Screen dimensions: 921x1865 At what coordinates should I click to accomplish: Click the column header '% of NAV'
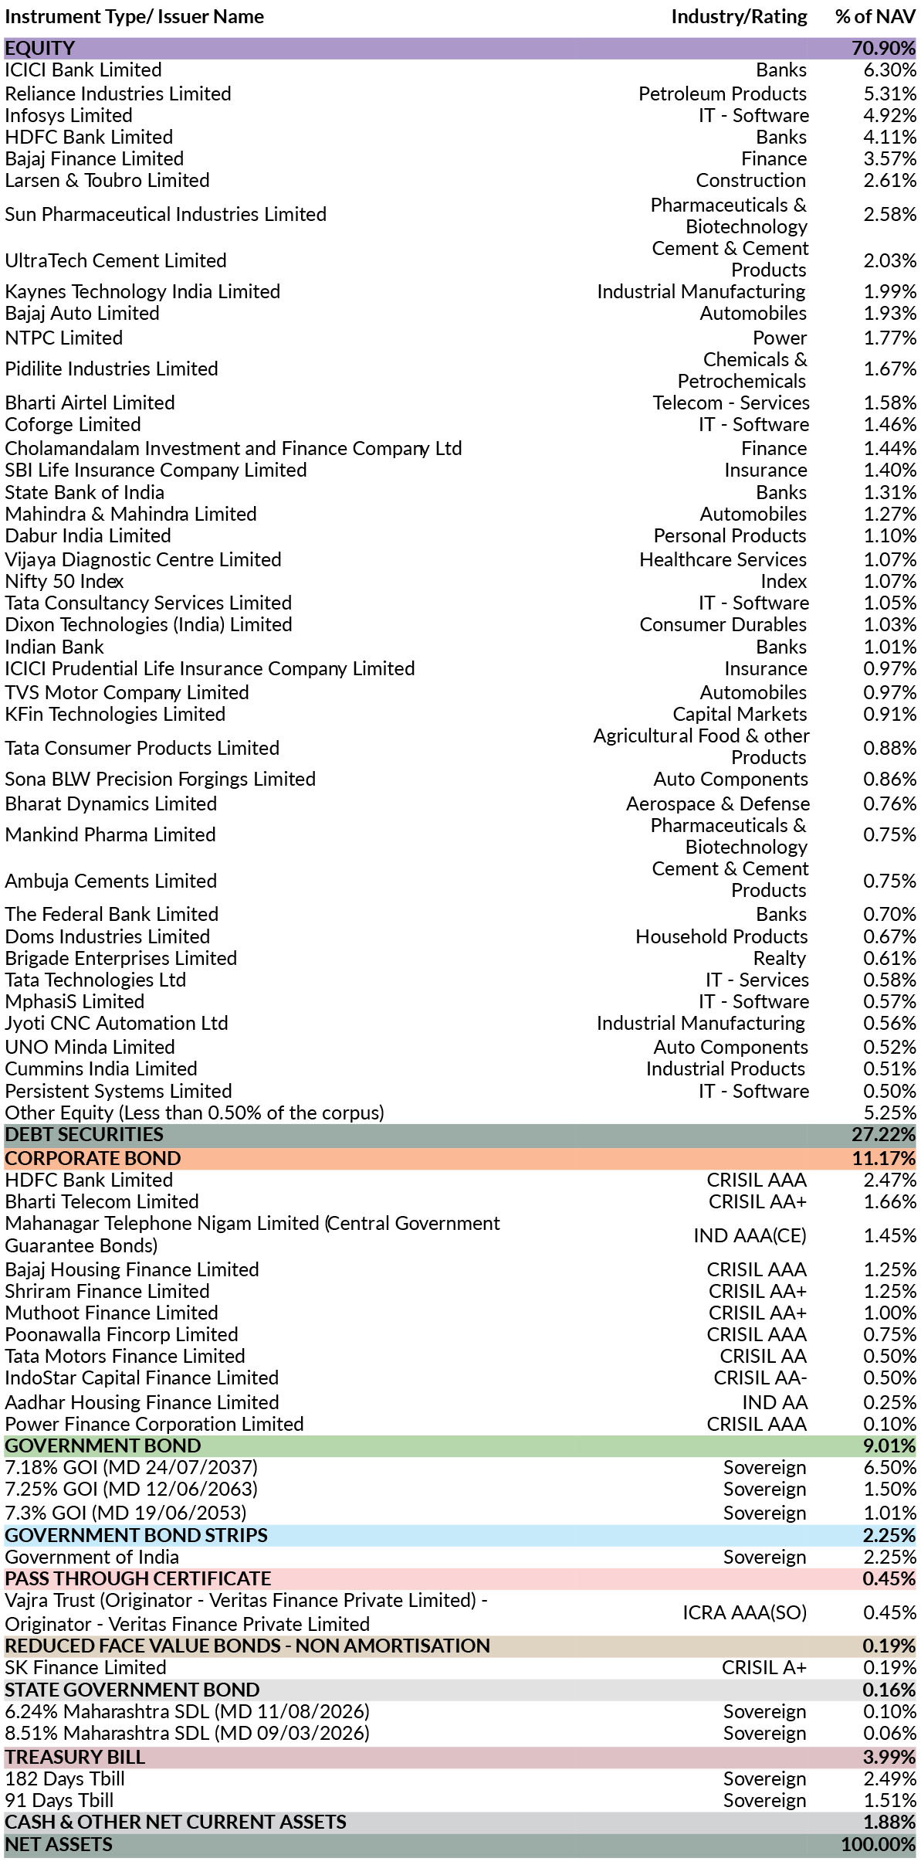(875, 16)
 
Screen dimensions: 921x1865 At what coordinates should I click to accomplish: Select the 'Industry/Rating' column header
(739, 17)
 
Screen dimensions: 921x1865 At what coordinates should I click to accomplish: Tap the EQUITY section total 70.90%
(883, 48)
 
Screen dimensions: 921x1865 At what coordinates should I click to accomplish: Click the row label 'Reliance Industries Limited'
(118, 93)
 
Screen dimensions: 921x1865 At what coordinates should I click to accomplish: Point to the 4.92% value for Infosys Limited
(889, 115)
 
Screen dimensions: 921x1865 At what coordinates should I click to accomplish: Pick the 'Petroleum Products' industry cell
(723, 93)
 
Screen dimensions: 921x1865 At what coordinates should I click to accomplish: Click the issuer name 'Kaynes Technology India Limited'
(143, 291)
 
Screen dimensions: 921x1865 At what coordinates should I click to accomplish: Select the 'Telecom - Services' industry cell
(731, 403)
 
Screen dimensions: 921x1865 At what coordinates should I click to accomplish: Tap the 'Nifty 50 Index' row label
(64, 581)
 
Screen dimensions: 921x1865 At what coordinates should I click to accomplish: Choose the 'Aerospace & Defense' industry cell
(718, 803)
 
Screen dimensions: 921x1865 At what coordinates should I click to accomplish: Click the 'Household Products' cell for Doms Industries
(722, 936)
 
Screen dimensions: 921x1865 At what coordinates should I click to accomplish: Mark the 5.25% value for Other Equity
(889, 1113)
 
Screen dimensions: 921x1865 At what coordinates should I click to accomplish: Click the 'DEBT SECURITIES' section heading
(84, 1134)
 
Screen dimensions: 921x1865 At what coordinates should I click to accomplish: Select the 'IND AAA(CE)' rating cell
(750, 1235)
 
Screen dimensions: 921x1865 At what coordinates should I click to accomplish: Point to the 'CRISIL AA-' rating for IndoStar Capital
(760, 1378)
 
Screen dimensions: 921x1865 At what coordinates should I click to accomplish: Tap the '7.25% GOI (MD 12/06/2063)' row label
(131, 1489)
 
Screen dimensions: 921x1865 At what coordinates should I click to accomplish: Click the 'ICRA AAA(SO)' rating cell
(744, 1612)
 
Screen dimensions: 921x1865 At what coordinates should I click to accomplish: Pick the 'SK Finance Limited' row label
(86, 1667)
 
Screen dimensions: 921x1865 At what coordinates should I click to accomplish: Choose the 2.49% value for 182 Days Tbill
(889, 1778)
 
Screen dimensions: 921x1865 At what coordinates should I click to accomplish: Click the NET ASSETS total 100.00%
(879, 1844)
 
